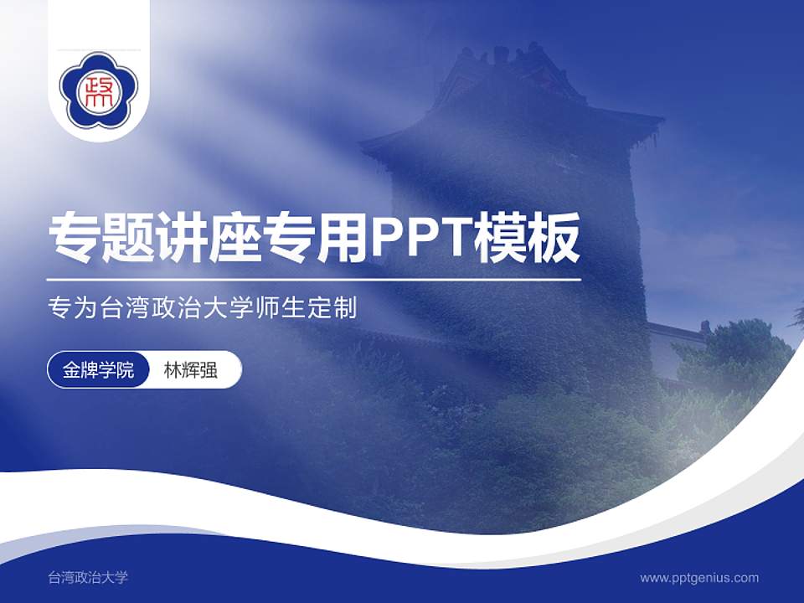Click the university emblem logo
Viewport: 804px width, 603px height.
pos(99,90)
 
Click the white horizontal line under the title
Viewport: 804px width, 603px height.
pos(314,279)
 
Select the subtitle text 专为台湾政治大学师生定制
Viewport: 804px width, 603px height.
pos(203,308)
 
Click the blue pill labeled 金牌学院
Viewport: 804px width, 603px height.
pos(99,370)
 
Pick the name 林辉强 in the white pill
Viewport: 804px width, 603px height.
pos(191,370)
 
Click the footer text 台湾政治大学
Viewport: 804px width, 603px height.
pos(88,577)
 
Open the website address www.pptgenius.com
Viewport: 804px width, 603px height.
pos(699,577)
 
